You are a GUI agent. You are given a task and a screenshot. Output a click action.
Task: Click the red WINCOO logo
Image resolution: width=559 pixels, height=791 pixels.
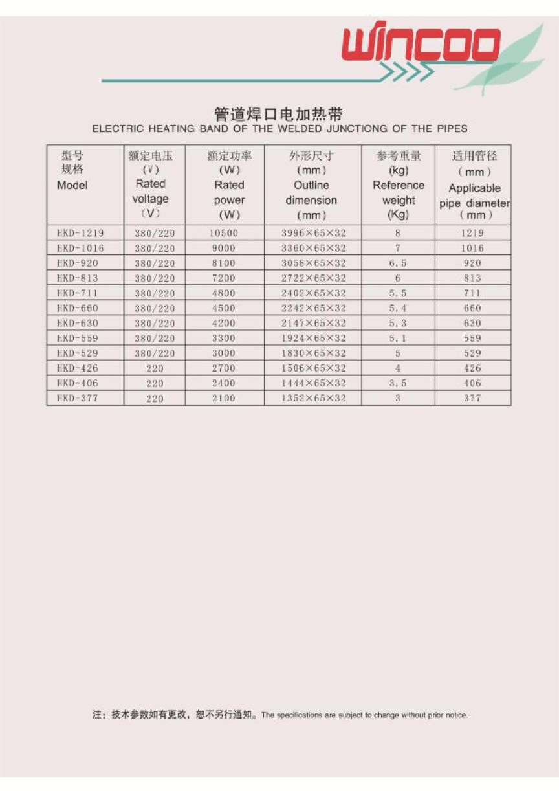point(421,45)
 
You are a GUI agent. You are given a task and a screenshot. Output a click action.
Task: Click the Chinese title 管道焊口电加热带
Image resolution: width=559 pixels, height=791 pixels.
point(279,115)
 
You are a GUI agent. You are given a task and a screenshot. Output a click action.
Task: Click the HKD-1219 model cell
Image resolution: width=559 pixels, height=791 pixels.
point(80,233)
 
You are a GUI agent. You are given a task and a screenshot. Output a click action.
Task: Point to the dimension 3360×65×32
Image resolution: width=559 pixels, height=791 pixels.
point(313,248)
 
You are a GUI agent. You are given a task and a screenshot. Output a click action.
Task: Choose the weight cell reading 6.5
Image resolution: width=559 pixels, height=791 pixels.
point(397,263)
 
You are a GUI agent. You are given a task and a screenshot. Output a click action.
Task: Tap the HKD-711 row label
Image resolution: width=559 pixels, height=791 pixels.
point(78,293)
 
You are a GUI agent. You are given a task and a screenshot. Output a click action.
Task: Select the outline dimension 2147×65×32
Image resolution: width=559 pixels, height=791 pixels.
point(313,323)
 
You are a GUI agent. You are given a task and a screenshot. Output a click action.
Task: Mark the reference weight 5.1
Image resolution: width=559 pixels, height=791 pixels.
point(397,338)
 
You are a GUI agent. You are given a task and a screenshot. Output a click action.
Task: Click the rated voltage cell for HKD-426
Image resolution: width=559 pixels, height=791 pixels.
point(155,368)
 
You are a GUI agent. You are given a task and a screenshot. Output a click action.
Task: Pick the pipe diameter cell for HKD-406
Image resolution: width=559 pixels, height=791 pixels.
point(472,383)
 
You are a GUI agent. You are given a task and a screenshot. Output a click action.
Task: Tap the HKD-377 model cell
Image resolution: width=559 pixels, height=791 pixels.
point(78,398)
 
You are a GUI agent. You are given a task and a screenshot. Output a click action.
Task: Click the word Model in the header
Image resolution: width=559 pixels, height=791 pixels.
point(72,185)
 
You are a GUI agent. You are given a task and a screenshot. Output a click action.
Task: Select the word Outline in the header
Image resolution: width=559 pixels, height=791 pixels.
point(311,185)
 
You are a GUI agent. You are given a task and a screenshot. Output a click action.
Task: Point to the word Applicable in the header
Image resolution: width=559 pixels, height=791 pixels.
point(474,188)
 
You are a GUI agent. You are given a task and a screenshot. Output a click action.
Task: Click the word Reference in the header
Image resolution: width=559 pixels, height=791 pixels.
point(399,185)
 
